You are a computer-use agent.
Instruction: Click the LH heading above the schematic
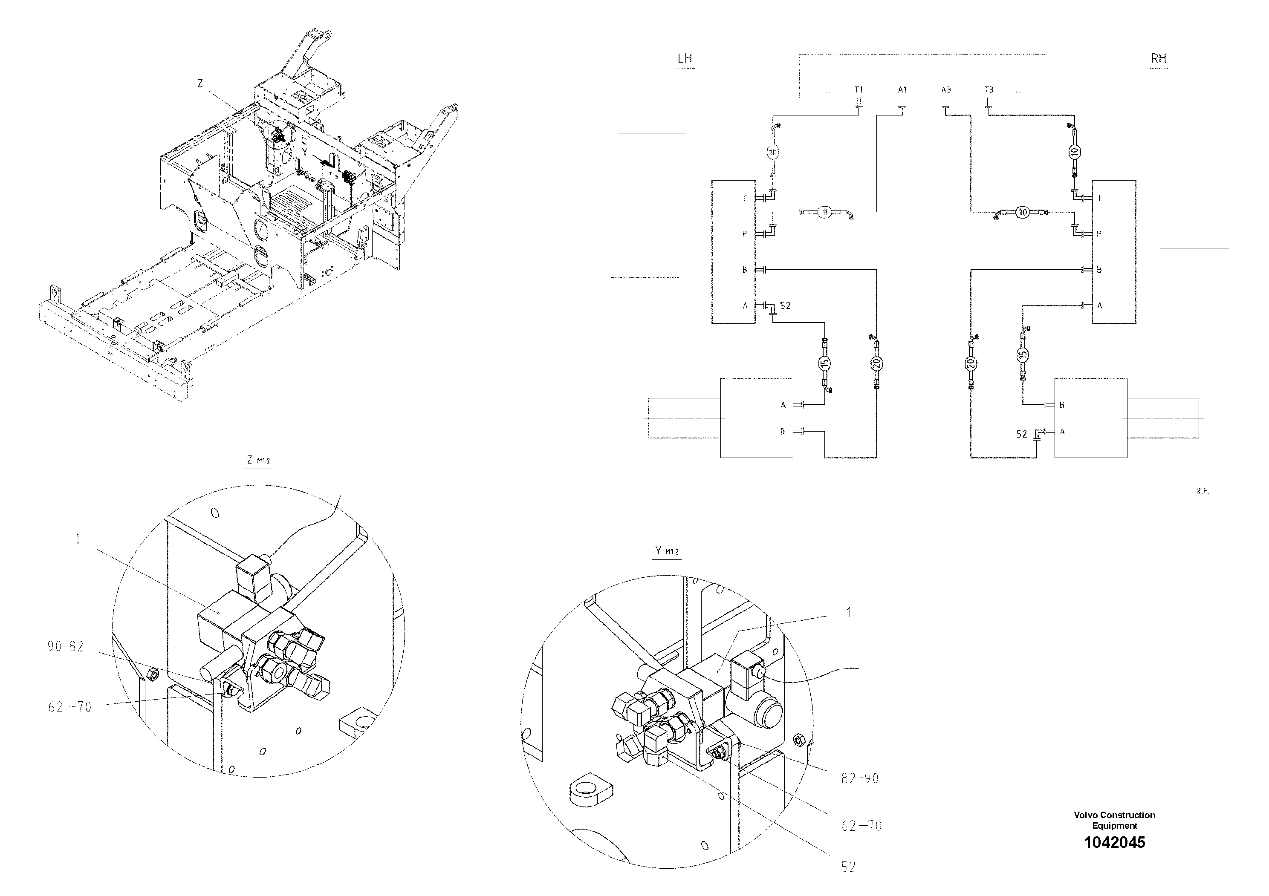click(684, 58)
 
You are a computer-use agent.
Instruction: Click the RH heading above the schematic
click(1159, 58)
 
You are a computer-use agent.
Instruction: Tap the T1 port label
click(859, 89)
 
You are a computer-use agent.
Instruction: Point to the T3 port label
click(989, 89)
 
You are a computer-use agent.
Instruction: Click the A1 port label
click(902, 89)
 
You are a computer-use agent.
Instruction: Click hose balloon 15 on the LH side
click(824, 363)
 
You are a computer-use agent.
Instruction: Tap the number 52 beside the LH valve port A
click(785, 305)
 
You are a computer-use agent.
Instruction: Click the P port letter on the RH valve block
click(1099, 233)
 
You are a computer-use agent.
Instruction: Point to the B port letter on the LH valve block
click(745, 270)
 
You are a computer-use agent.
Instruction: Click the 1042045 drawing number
click(1114, 842)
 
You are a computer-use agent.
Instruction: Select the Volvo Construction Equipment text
click(1114, 820)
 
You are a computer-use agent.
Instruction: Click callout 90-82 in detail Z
click(65, 646)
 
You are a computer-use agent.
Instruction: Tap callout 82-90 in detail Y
click(859, 778)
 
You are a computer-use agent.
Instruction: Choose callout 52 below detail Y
click(848, 867)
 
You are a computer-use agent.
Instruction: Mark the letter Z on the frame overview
click(200, 84)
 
